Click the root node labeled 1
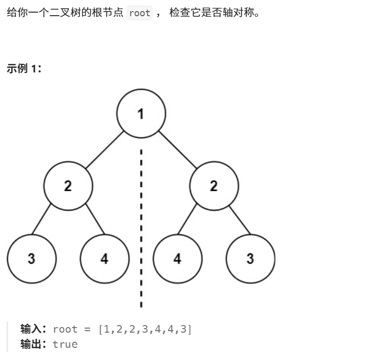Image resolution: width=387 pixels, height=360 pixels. pyautogui.click(x=141, y=113)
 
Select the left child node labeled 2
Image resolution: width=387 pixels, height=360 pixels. pyautogui.click(x=68, y=186)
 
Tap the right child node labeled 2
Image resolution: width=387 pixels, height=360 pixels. pyautogui.click(x=214, y=186)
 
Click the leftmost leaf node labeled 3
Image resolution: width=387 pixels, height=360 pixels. pyautogui.click(x=31, y=259)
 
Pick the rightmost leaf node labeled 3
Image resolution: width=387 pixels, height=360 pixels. pyautogui.click(x=250, y=259)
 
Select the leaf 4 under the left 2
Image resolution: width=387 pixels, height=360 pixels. pyautogui.click(x=104, y=259)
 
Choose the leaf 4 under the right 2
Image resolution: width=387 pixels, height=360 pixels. pyautogui.click(x=177, y=259)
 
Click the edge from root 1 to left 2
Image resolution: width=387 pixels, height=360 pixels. pyautogui.click(x=104, y=150)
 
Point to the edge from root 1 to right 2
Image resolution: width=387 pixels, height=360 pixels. pyautogui.click(x=177, y=150)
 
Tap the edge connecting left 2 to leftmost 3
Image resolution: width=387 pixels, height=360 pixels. pyautogui.click(x=42, y=219)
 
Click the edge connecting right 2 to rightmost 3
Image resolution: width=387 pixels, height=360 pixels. pyautogui.click(x=240, y=219)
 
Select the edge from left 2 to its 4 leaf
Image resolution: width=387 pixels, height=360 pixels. pyautogui.click(x=95, y=219)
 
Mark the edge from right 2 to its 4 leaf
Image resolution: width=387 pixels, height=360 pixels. pyautogui.click(x=187, y=219)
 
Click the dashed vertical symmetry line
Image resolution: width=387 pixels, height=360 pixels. pyautogui.click(x=141, y=228)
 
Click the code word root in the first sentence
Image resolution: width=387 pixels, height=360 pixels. pyautogui.click(x=140, y=13)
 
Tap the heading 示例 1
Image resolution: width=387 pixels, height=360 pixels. pyautogui.click(x=24, y=69)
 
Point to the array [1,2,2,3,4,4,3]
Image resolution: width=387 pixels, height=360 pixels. pyautogui.click(x=145, y=329)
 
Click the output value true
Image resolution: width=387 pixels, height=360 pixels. pyautogui.click(x=65, y=344)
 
